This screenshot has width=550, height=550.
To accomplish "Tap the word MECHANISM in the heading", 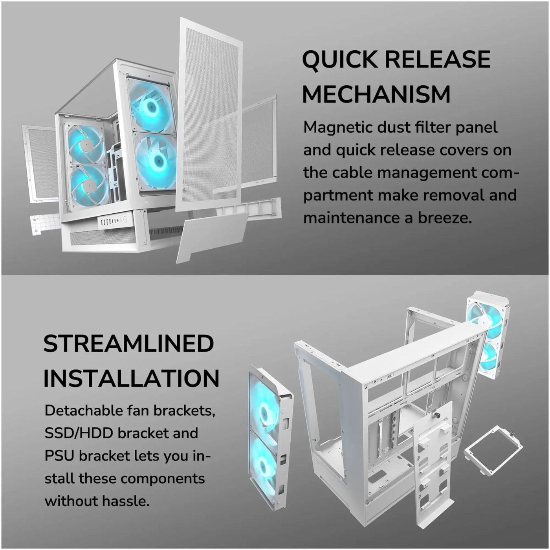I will [376, 94].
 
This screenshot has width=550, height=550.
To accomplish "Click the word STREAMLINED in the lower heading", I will [128, 344].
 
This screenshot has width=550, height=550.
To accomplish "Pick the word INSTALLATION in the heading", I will [131, 378].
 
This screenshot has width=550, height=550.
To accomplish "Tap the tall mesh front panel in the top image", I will [208, 114].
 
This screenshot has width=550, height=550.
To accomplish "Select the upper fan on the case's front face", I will [151, 105].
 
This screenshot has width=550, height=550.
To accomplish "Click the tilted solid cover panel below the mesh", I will [212, 236].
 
